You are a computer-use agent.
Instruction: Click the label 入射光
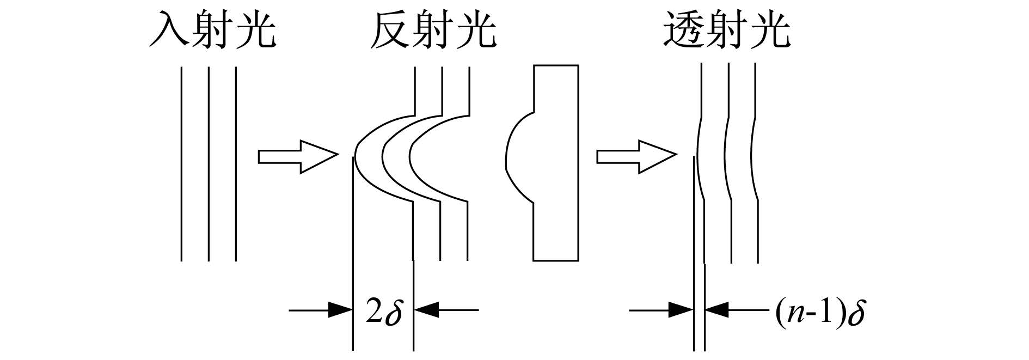click(213, 29)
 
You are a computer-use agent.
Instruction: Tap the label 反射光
click(433, 29)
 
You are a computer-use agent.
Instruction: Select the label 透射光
click(727, 29)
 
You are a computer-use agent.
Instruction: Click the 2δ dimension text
click(383, 311)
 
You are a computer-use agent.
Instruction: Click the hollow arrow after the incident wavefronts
click(297, 157)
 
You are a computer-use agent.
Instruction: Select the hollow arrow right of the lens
click(636, 157)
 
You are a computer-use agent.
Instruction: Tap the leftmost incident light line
click(181, 164)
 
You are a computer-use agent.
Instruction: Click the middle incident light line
click(209, 164)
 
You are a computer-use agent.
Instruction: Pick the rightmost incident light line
click(236, 164)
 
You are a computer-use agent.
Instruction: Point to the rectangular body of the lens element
click(556, 163)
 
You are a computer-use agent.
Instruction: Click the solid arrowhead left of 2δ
click(340, 310)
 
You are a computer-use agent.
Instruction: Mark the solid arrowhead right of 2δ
click(426, 310)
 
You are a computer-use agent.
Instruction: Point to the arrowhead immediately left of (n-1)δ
click(718, 310)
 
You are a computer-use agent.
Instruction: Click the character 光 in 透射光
click(770, 29)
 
